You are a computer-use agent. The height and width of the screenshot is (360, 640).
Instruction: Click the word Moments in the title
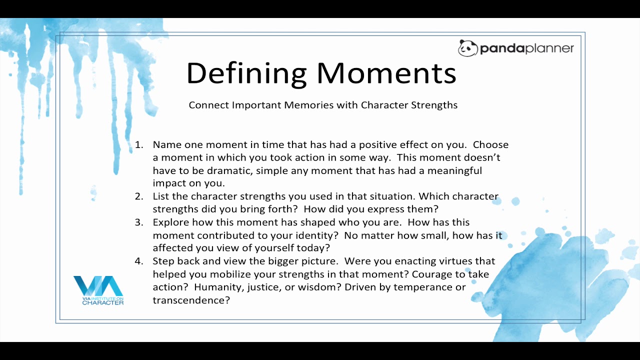point(386,73)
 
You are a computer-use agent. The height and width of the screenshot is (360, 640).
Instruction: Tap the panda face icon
point(467,48)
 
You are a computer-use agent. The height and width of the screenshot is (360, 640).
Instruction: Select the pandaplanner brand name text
point(527,48)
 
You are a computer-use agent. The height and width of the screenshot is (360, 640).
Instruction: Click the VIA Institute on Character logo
point(98,290)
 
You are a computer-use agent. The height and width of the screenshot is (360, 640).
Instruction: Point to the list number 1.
point(139,144)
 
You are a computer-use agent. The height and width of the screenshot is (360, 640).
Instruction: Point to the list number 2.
point(139,196)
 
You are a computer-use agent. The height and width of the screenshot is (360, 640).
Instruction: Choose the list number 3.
point(139,222)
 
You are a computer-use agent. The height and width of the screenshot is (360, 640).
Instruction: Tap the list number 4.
point(139,261)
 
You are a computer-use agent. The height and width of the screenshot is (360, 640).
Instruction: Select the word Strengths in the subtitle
point(434,105)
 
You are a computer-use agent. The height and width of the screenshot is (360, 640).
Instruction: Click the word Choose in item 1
point(490,144)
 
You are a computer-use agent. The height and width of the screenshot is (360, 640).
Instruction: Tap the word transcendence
point(191,300)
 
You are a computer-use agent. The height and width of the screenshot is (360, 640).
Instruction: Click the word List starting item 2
point(161,196)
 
